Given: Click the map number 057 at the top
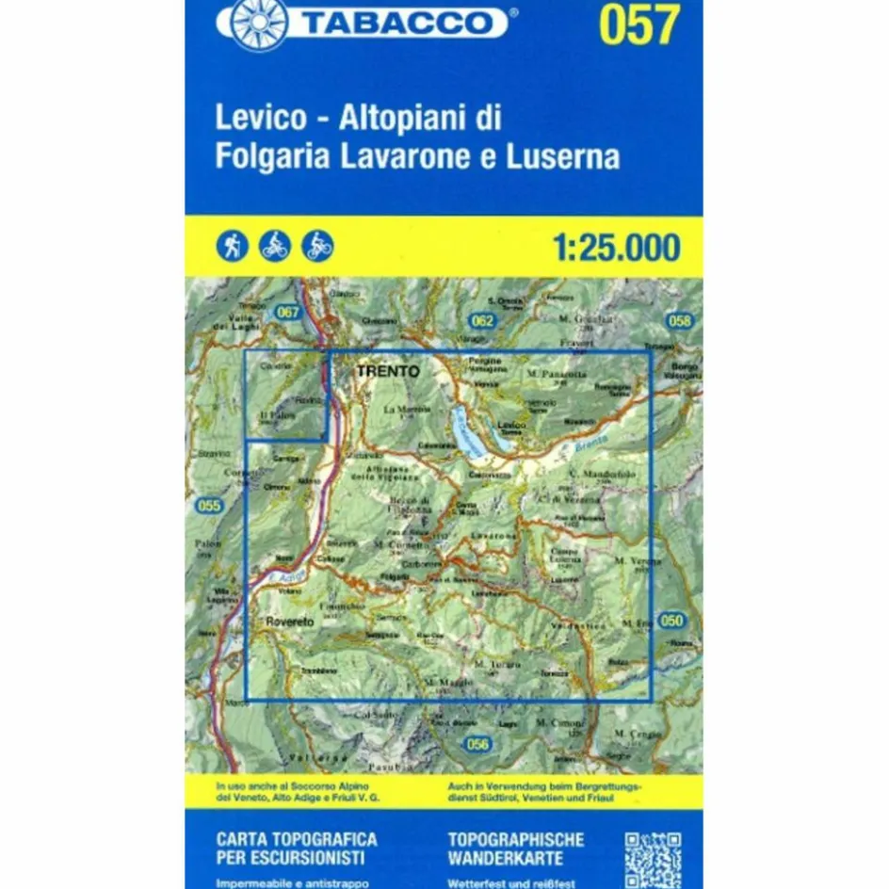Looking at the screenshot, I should [638, 25].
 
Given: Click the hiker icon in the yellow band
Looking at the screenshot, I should [231, 247].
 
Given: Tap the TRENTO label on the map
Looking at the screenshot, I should [387, 372].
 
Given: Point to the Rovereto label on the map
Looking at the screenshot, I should [287, 622].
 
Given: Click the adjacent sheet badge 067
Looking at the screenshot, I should [288, 312].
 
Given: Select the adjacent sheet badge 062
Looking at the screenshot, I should [483, 321].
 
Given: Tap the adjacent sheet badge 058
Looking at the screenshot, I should [679, 321].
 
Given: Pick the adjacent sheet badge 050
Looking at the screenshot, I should [671, 620].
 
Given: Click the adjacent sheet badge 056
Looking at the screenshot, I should [478, 745].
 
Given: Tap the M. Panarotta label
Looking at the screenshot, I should [558, 374].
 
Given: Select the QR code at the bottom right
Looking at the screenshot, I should [653, 858].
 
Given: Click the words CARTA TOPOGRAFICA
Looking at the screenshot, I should [297, 838].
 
